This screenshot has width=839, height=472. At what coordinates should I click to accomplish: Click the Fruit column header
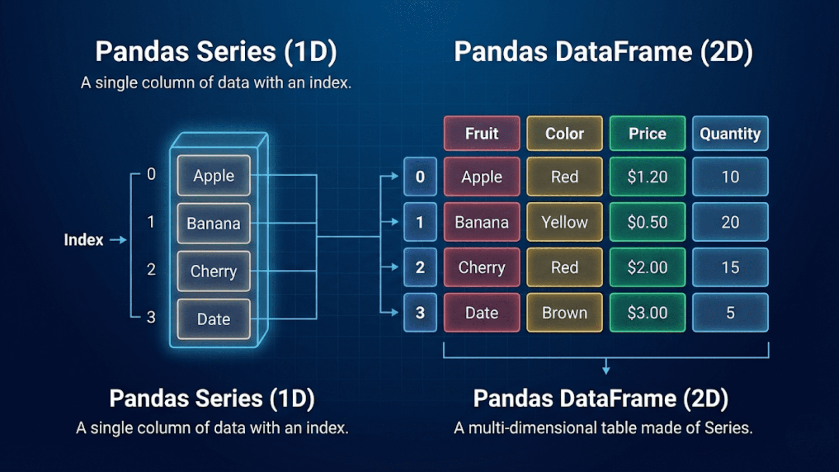(x=482, y=133)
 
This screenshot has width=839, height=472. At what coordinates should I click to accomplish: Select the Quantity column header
(x=730, y=133)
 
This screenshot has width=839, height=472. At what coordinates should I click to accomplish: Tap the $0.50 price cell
(x=647, y=222)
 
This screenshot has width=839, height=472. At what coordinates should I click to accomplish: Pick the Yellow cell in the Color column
(x=564, y=222)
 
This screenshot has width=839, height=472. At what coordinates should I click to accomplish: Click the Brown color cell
(x=564, y=312)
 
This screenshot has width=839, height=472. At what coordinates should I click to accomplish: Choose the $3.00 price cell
(x=647, y=312)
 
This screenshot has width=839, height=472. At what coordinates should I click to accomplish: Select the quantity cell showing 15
(x=730, y=267)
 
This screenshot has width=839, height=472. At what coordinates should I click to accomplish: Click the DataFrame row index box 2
(x=420, y=267)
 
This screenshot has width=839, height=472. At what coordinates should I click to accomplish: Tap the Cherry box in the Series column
(x=214, y=271)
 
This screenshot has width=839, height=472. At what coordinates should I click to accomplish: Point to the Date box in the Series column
(x=214, y=319)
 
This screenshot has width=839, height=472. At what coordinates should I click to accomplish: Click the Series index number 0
(x=151, y=174)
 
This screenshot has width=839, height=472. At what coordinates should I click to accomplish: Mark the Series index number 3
(x=151, y=317)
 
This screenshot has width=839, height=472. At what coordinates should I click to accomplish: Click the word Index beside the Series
(x=83, y=240)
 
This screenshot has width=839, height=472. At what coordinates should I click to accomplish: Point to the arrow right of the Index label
(x=118, y=240)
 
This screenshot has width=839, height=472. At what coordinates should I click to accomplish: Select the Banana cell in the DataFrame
(x=482, y=222)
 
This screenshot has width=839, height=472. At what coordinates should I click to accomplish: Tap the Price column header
(x=647, y=133)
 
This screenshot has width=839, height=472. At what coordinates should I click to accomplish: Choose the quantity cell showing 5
(x=730, y=312)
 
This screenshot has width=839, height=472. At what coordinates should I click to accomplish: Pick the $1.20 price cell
(x=647, y=177)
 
